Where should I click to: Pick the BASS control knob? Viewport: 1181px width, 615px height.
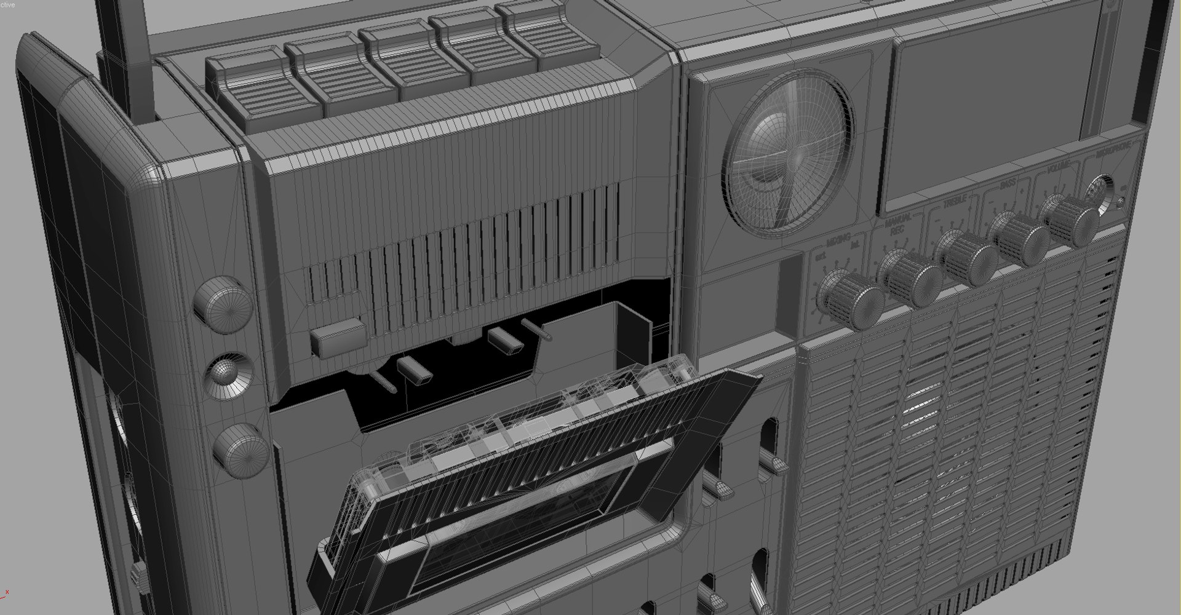coord(1021,239)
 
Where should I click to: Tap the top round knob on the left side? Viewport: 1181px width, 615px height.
coord(223,304)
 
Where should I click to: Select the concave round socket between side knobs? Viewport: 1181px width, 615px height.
coord(230,375)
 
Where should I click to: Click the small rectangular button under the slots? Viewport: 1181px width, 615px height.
coord(336,336)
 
